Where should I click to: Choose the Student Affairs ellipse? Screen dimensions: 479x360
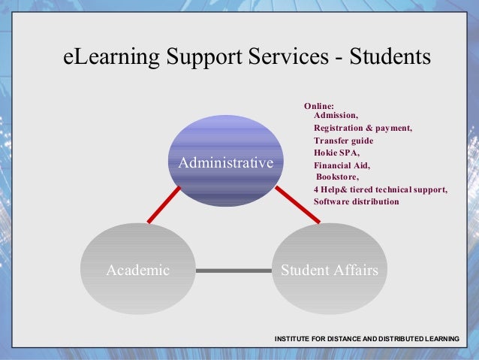click(329, 270)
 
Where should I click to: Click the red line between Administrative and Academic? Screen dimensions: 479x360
click(164, 204)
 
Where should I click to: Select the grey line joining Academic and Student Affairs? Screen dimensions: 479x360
click(233, 270)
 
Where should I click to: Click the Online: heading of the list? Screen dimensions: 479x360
click(318, 106)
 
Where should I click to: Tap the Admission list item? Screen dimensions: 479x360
click(336, 116)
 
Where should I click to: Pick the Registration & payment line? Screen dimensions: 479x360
click(363, 128)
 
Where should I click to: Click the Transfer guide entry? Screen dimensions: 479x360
click(343, 141)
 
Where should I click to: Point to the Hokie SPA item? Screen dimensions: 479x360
click(336, 153)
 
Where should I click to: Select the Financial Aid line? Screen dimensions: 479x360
click(342, 165)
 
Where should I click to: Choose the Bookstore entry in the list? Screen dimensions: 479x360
click(338, 177)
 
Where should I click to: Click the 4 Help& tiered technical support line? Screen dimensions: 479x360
click(380, 189)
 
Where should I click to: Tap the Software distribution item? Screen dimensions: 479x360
click(356, 201)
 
